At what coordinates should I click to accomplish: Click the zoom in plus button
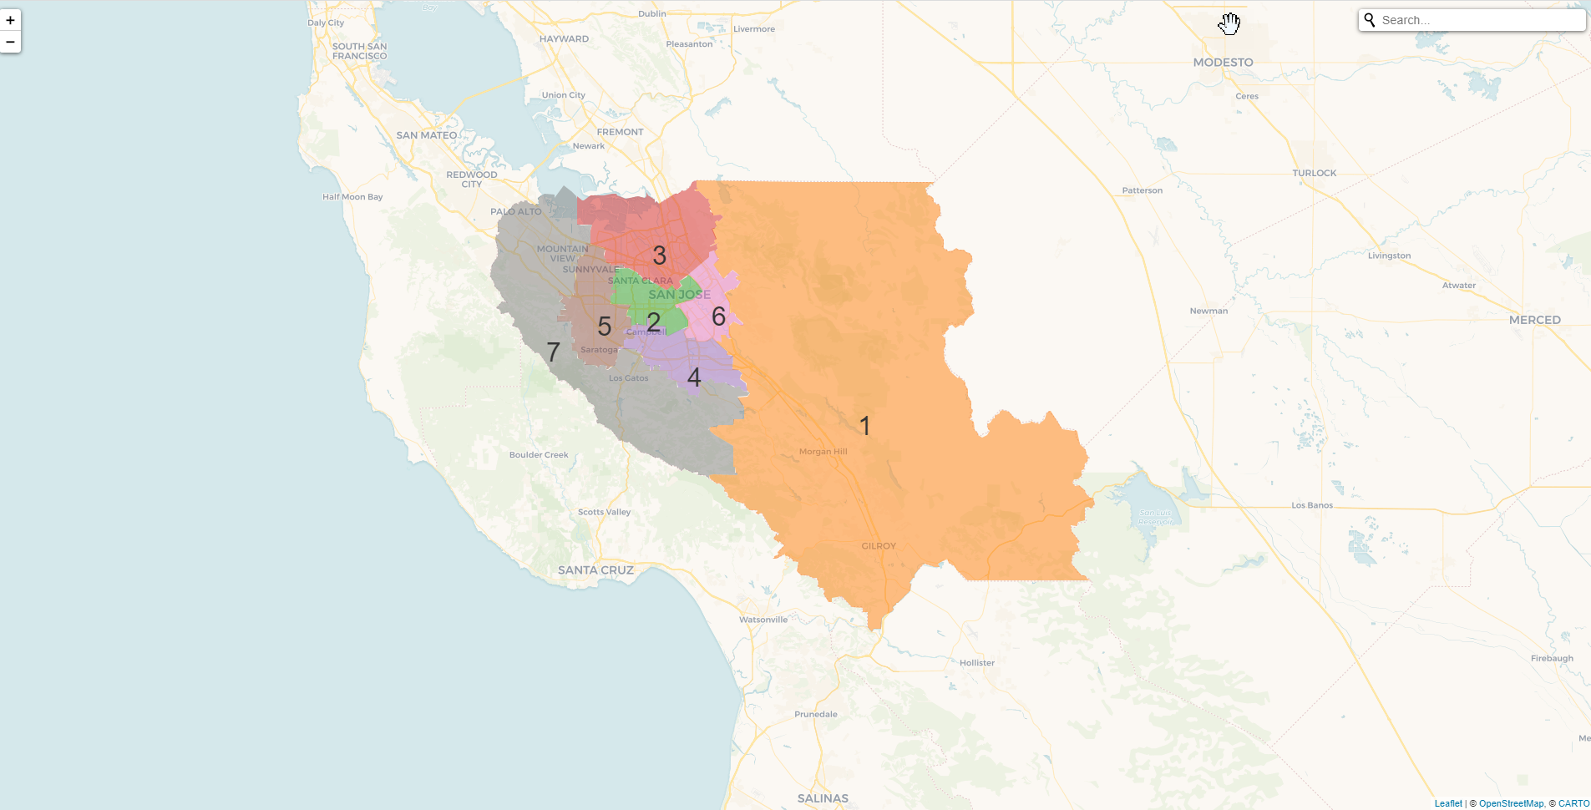[10, 20]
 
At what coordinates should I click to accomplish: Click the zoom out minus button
[10, 42]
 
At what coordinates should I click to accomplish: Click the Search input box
[1478, 20]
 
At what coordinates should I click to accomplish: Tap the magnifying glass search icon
[1370, 19]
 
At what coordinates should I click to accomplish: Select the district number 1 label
[865, 426]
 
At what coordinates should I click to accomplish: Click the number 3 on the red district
[659, 255]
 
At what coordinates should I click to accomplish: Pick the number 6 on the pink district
[718, 316]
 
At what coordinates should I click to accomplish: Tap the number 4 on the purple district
[693, 377]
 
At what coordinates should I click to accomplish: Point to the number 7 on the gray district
[553, 352]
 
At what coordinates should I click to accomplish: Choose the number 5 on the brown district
[605, 326]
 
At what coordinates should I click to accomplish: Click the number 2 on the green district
[653, 321]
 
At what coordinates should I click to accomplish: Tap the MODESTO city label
[1223, 63]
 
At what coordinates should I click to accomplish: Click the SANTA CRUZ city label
[595, 570]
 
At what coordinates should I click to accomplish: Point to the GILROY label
[879, 546]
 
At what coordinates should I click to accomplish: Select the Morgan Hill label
[823, 452]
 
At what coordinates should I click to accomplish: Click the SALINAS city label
[823, 798]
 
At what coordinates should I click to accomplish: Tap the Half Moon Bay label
[352, 197]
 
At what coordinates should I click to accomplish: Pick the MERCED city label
[1534, 320]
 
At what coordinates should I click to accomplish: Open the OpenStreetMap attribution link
[1511, 803]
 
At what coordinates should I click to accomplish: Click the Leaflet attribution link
[1448, 803]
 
